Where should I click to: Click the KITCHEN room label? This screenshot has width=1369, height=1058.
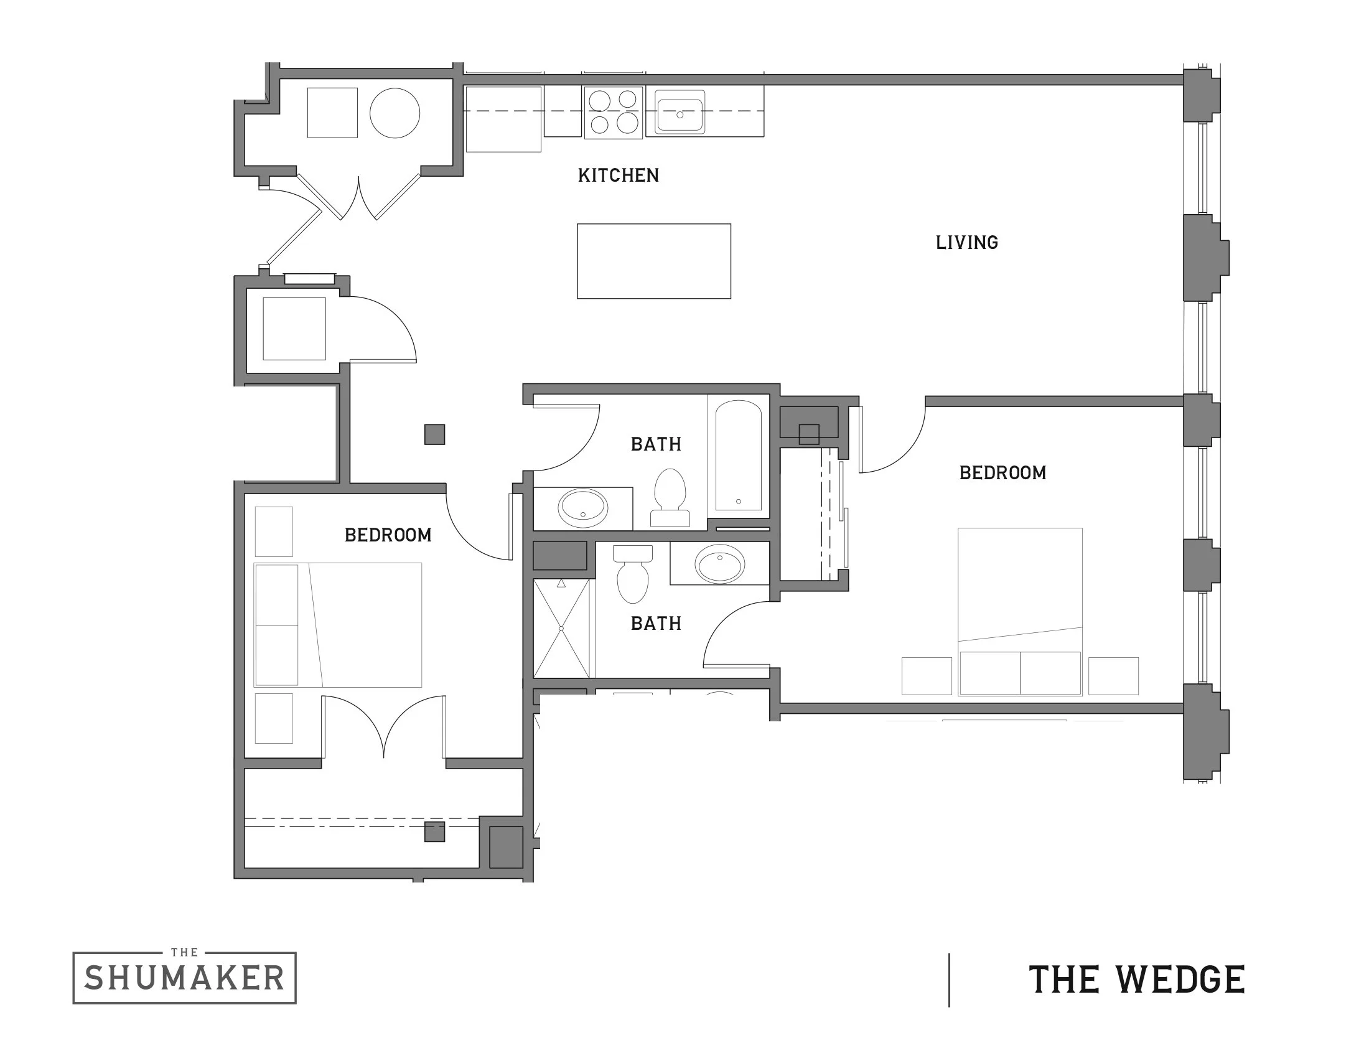tap(618, 176)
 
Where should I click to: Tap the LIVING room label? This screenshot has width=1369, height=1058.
tap(966, 243)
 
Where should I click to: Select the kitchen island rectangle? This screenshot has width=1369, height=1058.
tap(653, 261)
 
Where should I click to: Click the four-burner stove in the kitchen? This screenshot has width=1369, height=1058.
tap(613, 112)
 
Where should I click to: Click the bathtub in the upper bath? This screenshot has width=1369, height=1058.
tap(739, 455)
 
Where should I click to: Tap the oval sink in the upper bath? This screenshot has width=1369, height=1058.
tap(583, 508)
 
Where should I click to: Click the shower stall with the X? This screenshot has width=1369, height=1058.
tap(561, 628)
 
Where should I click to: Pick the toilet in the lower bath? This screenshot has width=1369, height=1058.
tap(632, 574)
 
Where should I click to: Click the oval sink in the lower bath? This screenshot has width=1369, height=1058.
tap(719, 564)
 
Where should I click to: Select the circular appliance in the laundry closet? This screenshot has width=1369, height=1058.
tap(395, 113)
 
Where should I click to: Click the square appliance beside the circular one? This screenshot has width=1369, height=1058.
tap(332, 113)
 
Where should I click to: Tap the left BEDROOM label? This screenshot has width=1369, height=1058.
tap(388, 535)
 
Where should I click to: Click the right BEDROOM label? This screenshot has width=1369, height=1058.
tap(1002, 473)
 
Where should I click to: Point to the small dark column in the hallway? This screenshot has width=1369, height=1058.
tap(434, 434)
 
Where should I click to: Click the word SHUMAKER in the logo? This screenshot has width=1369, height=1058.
tap(184, 979)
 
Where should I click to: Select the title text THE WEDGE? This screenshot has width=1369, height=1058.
tap(1136, 980)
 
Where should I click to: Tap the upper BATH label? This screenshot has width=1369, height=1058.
tap(656, 444)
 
